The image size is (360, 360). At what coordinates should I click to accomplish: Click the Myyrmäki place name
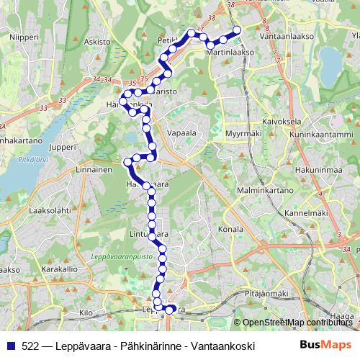coord(243,133)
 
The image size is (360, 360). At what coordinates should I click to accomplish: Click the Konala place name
coord(230,228)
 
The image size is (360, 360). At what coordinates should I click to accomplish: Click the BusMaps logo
coord(325,346)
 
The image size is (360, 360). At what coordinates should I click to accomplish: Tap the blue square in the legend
coord(12,346)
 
